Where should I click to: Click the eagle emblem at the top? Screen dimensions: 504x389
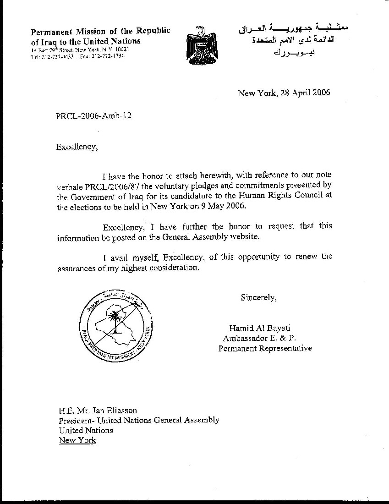point(198,44)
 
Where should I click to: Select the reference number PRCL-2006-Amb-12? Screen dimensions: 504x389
point(93,115)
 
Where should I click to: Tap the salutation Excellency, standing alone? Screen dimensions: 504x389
point(77,147)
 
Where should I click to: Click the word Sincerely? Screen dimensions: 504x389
point(258,297)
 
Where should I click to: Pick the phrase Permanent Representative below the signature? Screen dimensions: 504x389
point(265,348)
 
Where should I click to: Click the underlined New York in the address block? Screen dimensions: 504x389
point(77,440)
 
